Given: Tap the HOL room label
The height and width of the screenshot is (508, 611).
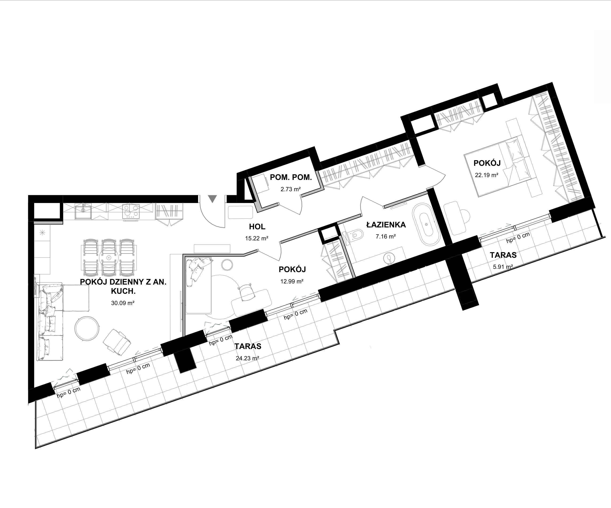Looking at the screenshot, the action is coord(257,226).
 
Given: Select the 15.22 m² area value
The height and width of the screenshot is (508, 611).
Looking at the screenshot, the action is coord(257,238).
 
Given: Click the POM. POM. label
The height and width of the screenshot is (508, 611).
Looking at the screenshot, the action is coord(291,177).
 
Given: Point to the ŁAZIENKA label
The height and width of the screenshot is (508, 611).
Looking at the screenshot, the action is coord(386,224).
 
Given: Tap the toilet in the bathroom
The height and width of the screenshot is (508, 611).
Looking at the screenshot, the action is coord(356,234).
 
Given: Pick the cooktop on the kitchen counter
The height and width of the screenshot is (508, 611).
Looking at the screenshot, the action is coord(131,211).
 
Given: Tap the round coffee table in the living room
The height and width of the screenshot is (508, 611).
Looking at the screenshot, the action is coord(87,328).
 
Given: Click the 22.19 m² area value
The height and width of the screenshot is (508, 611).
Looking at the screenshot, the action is coord(487,175).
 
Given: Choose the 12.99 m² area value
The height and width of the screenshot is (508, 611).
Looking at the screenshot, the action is coord(292,281).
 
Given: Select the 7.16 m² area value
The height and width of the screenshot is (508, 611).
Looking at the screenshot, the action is coord(385,236).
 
